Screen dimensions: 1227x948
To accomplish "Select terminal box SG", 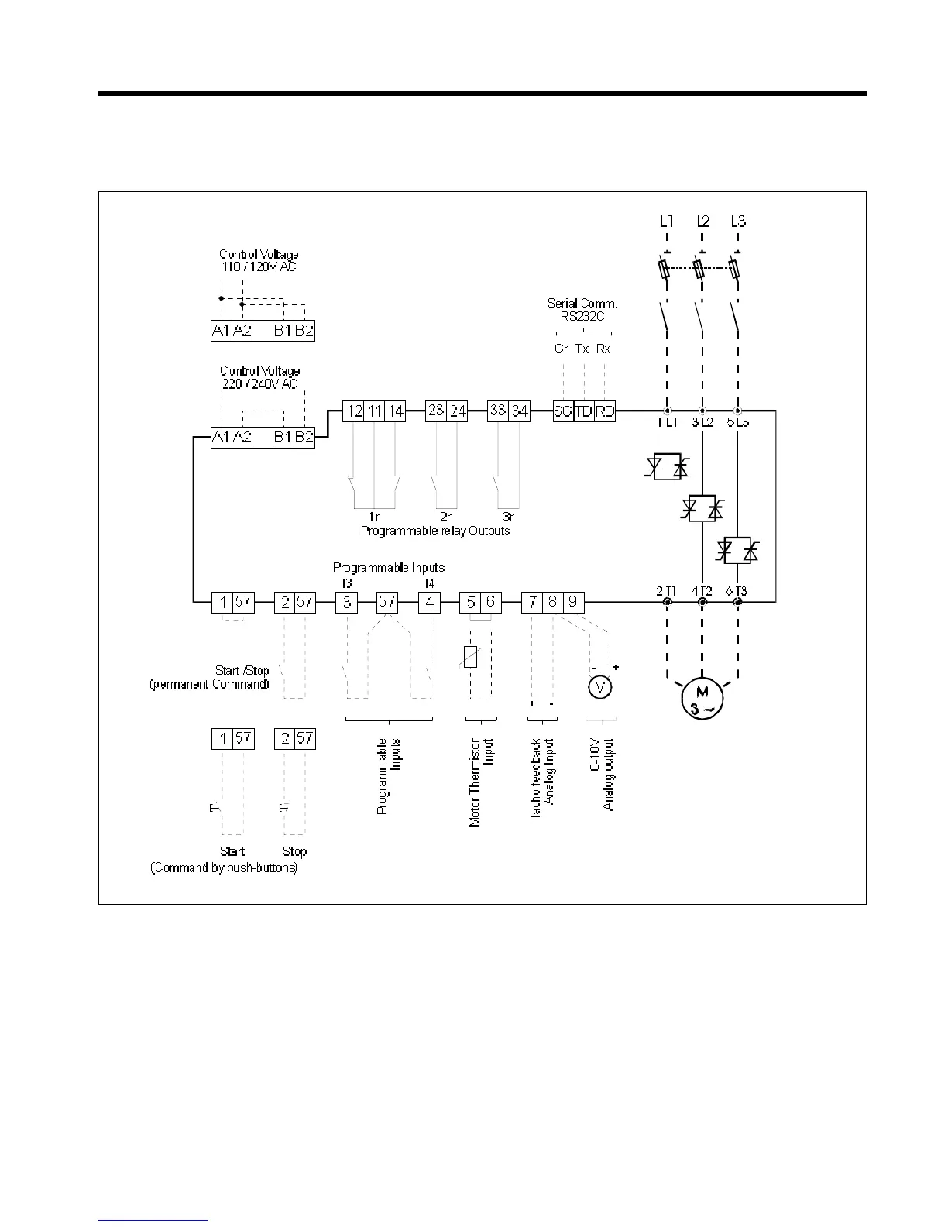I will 563,411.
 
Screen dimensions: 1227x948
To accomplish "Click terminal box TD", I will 583,411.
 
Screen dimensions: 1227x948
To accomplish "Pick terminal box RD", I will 604,411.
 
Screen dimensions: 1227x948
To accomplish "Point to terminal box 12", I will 354,411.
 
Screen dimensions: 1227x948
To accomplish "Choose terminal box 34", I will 520,411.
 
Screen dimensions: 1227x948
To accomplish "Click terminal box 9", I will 573,601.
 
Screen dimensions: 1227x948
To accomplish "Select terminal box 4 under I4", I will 429,602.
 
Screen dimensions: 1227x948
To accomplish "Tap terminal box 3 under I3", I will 346,602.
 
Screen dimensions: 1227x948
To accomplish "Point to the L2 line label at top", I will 702,222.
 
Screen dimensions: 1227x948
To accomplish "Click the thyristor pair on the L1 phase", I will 667,467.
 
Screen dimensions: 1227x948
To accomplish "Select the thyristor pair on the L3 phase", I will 738,551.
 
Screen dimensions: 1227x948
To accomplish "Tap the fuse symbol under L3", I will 737,270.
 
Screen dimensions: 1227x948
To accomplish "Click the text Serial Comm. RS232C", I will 582,310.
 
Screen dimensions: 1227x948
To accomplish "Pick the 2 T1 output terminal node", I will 666,601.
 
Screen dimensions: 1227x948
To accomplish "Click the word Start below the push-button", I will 232,851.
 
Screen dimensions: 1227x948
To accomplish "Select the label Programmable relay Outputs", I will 435,531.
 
